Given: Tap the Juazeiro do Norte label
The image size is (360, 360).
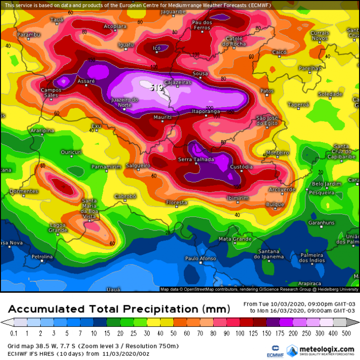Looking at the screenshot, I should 124,102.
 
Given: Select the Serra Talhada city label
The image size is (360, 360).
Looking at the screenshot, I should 196,159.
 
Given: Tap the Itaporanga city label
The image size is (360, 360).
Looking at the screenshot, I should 206,111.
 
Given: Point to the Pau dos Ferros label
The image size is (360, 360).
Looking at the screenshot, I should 202,25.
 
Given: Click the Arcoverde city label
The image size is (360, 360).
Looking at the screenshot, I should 282,190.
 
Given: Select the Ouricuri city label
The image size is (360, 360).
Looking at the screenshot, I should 71,152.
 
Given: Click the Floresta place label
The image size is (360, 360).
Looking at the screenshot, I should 177,203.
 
